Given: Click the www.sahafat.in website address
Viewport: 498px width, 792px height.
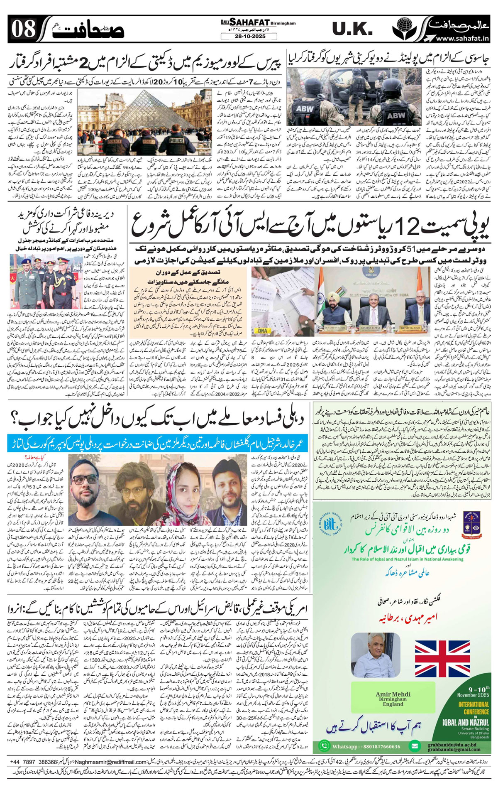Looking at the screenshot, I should click(461, 38).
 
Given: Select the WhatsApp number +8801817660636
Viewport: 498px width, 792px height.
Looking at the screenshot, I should click(360, 735).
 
